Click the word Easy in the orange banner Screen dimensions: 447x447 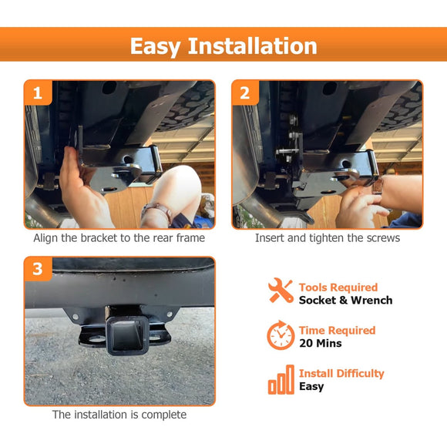tap(156, 47)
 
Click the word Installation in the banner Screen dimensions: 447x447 tap(252, 46)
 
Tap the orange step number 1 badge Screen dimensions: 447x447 tap(38, 92)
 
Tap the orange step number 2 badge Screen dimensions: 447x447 tap(245, 92)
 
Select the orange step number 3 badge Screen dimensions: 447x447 tap(38, 269)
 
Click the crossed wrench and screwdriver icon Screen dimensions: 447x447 tap(281, 291)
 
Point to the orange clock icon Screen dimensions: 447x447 tap(281, 335)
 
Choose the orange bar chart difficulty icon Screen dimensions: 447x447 tap(281, 380)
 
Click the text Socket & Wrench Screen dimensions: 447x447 tap(345, 301)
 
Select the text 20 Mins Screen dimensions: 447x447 tap(320, 343)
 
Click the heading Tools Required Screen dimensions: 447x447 tap(338, 287)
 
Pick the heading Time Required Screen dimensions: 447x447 tap(338, 331)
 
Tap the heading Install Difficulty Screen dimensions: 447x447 tap(341, 374)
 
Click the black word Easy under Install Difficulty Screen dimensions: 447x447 tap(311, 387)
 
